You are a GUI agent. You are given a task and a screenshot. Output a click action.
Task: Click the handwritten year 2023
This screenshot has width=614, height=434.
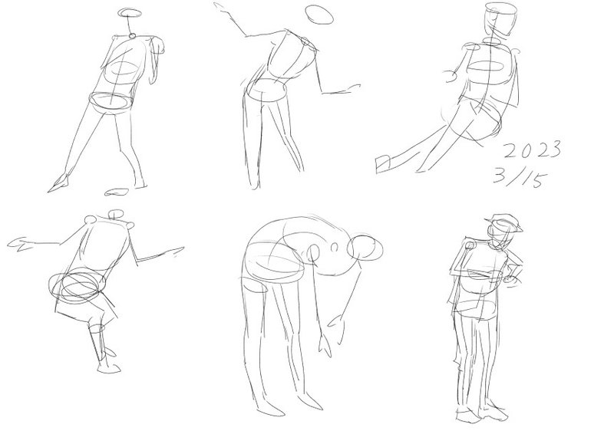coord(532,150)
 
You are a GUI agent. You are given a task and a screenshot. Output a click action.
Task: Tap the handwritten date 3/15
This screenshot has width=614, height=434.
coord(520,177)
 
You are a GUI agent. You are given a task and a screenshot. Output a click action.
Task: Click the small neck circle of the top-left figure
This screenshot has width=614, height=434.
coord(132,35)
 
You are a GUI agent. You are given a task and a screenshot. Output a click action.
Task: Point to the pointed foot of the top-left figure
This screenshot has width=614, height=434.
coord(59,182)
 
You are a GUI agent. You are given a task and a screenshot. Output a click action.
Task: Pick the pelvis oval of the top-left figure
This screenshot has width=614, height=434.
coord(110,103)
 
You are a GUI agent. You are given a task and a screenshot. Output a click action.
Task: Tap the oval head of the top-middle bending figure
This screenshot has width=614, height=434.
coord(319,15)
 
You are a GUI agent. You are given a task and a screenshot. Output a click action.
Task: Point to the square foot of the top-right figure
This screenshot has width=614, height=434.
coord(383,164)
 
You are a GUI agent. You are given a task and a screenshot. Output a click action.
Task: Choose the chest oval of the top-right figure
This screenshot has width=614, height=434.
coord(486,67)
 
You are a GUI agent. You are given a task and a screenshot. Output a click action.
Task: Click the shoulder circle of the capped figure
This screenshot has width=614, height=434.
coord(470,245)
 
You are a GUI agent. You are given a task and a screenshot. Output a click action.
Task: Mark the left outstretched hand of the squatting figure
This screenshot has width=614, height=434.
coord(21,244)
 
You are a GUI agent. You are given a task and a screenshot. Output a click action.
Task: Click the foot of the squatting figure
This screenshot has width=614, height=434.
coord(109,368)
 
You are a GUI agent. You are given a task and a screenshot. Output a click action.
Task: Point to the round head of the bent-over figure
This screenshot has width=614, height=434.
coord(365,248)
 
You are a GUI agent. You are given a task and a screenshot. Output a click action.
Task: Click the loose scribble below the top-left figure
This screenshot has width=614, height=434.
coord(117,192)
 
